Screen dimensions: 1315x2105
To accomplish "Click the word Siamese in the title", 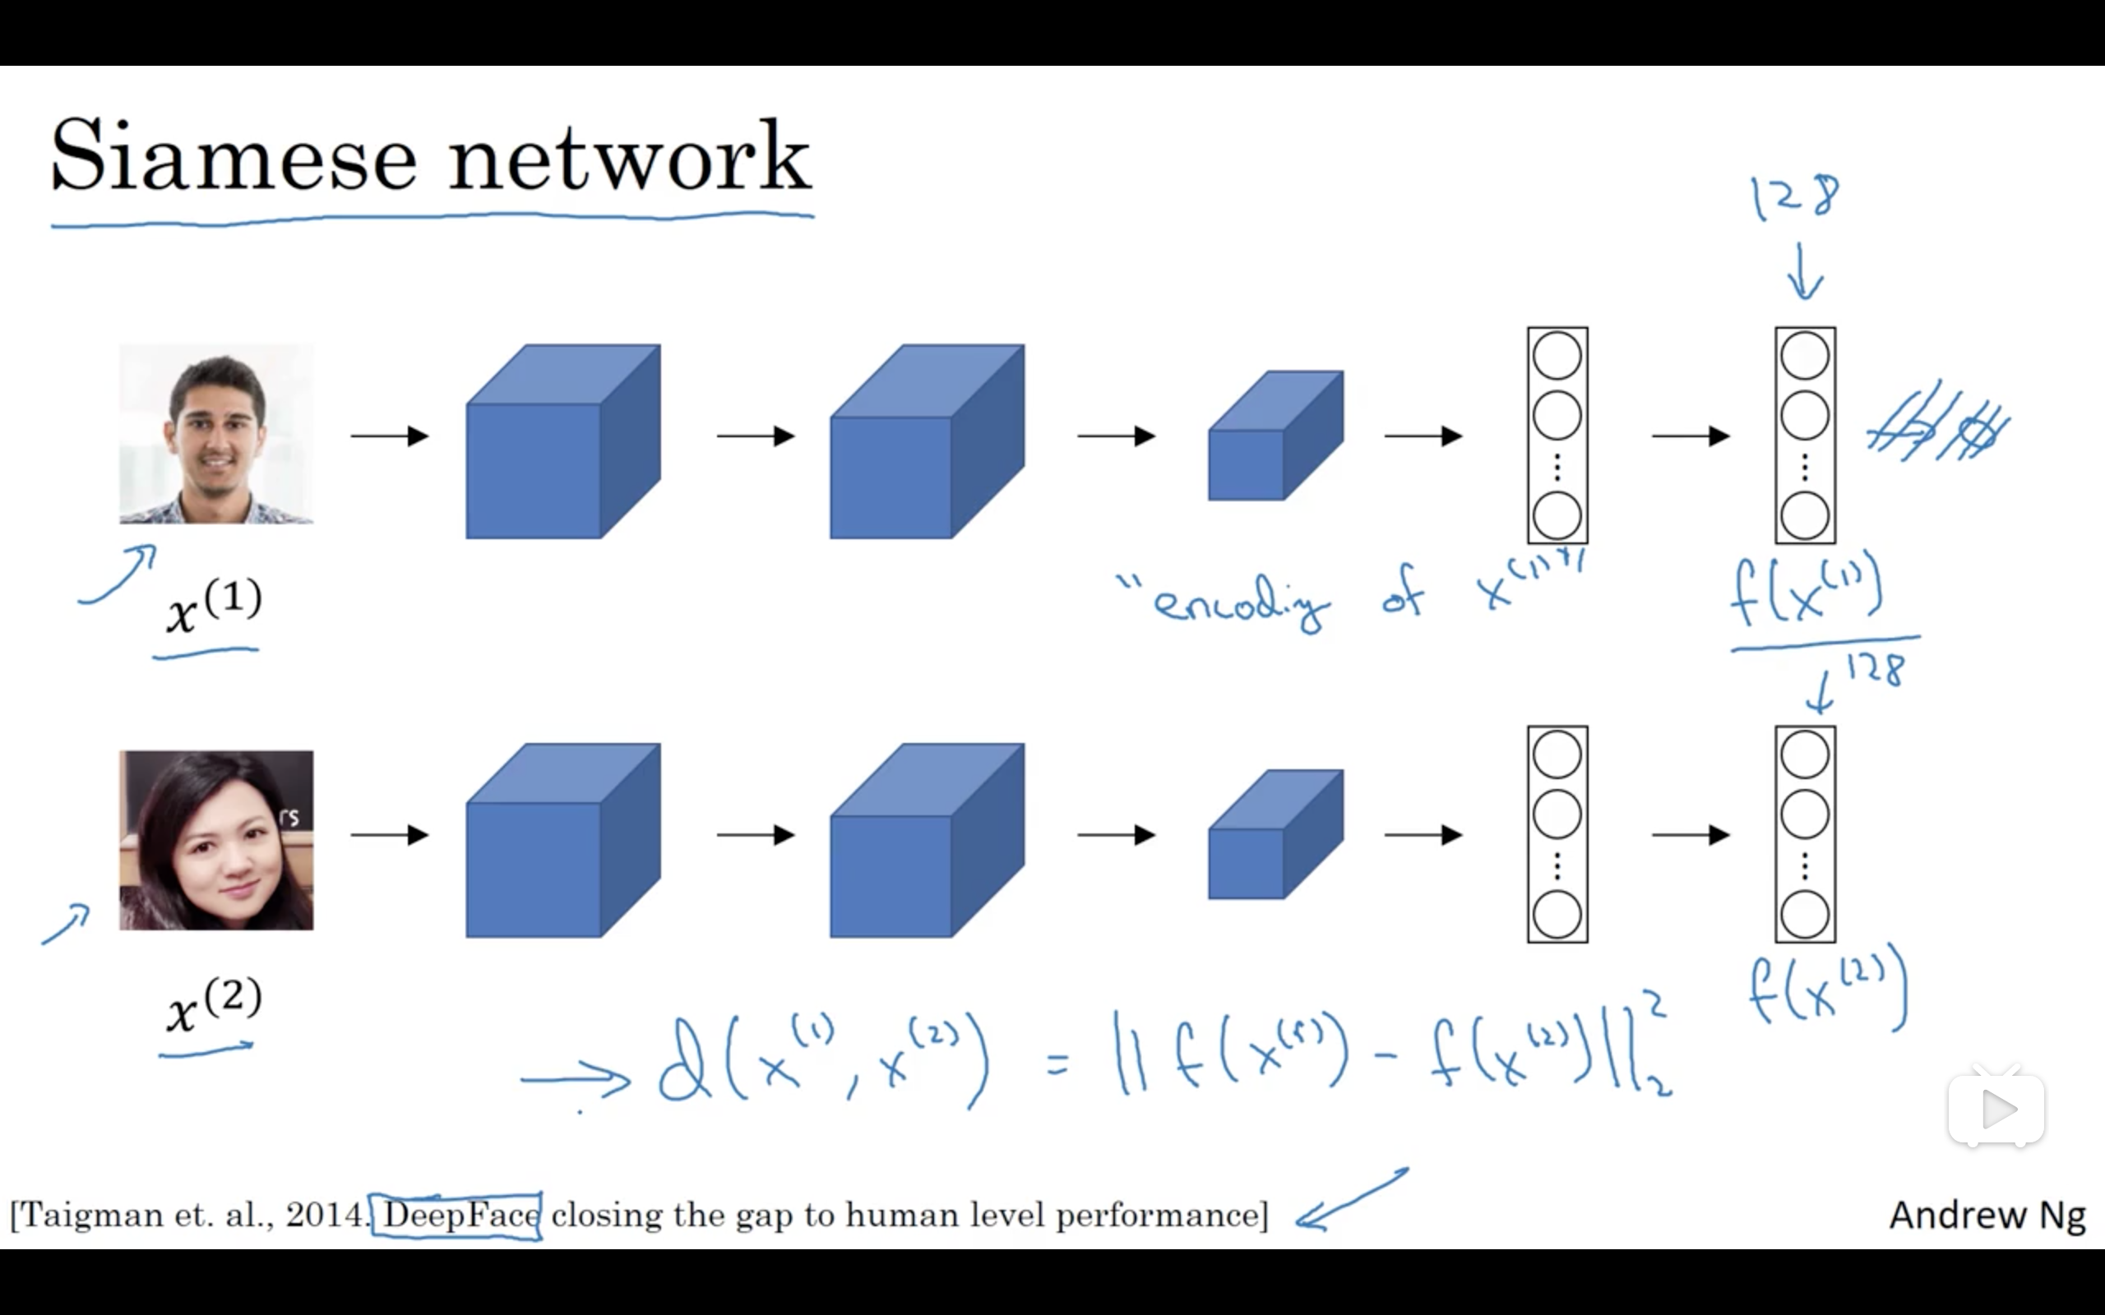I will tap(234, 156).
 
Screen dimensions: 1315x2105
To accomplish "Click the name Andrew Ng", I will tap(1987, 1215).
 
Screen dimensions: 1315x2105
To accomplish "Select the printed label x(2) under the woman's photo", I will tap(213, 1004).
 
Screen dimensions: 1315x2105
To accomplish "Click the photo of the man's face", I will tap(216, 433).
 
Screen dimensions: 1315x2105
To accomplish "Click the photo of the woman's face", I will tap(216, 840).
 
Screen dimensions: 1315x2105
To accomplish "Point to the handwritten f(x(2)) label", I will tap(1826, 991).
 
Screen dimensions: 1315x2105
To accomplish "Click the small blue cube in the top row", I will tap(1275, 436).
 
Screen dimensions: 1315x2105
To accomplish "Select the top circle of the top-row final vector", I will tap(1805, 356).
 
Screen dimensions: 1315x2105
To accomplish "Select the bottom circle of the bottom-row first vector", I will tap(1557, 914).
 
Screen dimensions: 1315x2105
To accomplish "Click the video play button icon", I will tap(1996, 1109).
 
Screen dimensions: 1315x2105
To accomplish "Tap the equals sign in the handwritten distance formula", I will tap(1057, 1063).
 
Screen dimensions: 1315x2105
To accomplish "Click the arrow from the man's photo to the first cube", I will tap(390, 436).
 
